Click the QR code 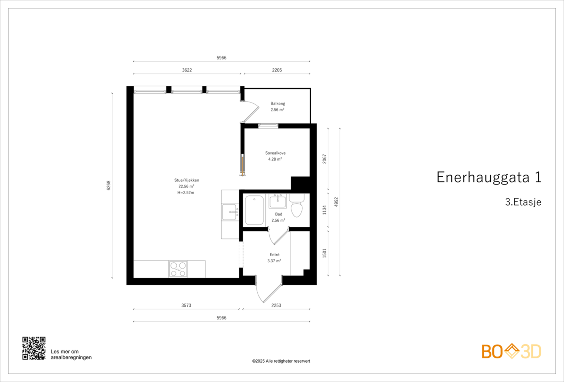click(x=34, y=348)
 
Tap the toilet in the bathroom click(x=296, y=207)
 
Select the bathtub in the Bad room click(x=254, y=210)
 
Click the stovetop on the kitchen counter click(x=178, y=269)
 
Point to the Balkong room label click(x=278, y=104)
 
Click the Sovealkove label click(x=275, y=153)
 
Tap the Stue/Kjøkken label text click(x=186, y=180)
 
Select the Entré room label click(x=274, y=255)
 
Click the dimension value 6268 click(x=109, y=186)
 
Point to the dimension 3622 click(x=187, y=70)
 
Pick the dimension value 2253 click(x=276, y=305)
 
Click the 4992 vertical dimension click(x=336, y=202)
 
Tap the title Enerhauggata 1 click(x=489, y=177)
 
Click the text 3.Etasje click(x=523, y=202)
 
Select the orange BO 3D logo click(x=511, y=351)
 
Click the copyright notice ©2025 click(x=281, y=361)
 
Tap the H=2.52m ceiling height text click(x=186, y=193)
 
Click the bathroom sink click(x=278, y=201)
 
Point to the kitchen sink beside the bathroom click(x=230, y=212)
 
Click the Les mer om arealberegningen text click(x=71, y=354)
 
